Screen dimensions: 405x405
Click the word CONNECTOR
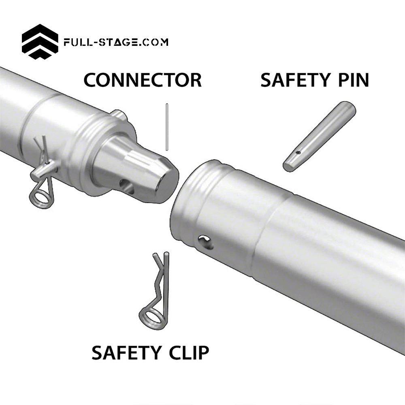click(x=142, y=80)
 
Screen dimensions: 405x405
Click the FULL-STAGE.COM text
click(x=116, y=42)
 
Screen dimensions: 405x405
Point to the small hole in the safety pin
click(x=297, y=153)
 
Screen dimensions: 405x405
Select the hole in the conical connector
click(x=126, y=185)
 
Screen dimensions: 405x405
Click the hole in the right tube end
click(x=205, y=242)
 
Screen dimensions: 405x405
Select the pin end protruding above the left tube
click(x=117, y=116)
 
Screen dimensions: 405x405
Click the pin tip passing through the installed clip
click(x=37, y=174)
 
